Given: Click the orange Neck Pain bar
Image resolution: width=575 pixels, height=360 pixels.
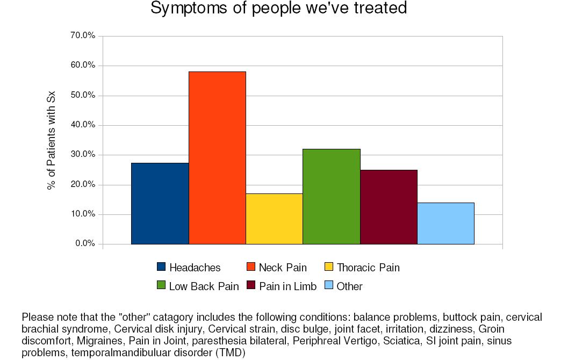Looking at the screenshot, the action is click(217, 157).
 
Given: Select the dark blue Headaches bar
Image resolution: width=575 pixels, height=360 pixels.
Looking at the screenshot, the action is click(160, 204).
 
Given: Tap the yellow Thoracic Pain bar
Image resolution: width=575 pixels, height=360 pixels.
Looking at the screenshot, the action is click(274, 219).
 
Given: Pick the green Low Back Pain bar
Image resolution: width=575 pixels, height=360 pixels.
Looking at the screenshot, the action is click(332, 197).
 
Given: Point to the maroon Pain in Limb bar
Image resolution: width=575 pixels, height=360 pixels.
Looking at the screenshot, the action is click(389, 207).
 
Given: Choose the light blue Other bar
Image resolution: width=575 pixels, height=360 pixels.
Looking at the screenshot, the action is click(446, 224).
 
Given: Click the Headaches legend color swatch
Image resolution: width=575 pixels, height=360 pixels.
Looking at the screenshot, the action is click(161, 267).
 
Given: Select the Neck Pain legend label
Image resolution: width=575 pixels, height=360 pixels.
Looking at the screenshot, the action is click(283, 268).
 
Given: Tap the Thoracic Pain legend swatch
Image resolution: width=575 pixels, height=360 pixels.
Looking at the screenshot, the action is click(329, 267).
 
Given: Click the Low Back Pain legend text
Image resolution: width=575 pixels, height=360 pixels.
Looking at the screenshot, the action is click(204, 286).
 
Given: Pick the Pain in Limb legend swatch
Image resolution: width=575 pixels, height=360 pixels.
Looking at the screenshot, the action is click(251, 285).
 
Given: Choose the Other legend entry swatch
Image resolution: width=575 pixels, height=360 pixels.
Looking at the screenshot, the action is click(329, 285).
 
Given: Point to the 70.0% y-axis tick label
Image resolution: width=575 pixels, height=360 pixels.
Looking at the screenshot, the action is click(83, 35).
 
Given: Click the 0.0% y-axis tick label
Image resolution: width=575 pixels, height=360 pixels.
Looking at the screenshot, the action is click(85, 243).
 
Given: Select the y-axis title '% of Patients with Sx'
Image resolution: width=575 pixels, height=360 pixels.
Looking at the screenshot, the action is click(52, 140).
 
